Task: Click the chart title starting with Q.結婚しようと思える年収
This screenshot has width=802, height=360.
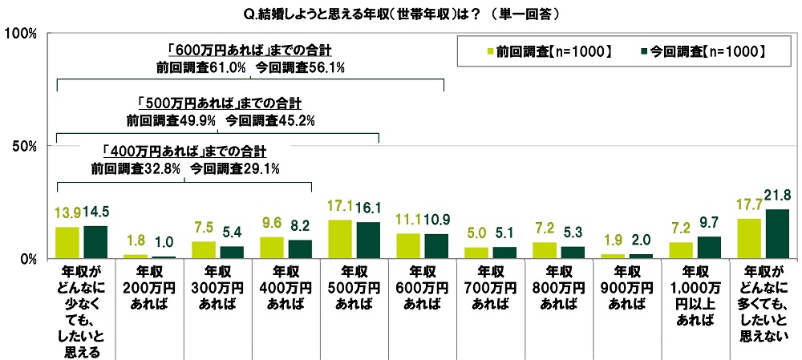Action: click(400, 13)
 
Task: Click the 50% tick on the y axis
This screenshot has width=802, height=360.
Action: click(24, 146)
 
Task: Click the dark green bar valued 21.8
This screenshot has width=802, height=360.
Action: click(777, 233)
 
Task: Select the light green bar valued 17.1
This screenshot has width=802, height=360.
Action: click(340, 239)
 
